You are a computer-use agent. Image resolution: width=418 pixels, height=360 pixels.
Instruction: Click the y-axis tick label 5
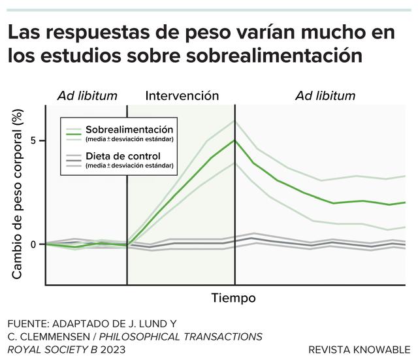[x=33, y=140]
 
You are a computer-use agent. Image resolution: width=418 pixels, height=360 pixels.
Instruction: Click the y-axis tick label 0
[x=33, y=244]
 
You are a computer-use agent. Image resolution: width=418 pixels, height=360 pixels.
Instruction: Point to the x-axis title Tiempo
[x=234, y=297]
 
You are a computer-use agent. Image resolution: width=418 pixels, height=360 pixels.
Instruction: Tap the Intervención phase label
[x=182, y=95]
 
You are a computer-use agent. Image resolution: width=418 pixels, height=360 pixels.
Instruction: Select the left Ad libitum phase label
[x=87, y=96]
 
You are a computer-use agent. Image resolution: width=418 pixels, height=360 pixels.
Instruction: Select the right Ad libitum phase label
[x=325, y=96]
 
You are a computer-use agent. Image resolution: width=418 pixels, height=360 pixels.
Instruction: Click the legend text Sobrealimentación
[x=129, y=129]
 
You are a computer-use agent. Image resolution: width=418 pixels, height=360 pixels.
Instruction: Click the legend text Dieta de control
[x=123, y=156]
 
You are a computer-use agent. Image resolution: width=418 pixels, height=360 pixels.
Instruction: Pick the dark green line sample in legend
[x=74, y=134]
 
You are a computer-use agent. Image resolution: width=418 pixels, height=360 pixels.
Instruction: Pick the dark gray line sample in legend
[x=74, y=161]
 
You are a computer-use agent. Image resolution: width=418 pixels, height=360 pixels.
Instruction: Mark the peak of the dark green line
[x=235, y=140]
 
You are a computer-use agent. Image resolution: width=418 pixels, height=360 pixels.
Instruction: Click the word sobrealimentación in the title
[x=274, y=56]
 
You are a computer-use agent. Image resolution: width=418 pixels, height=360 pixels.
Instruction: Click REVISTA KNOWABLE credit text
[x=359, y=350]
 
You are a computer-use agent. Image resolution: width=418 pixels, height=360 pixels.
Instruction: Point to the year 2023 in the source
[x=113, y=350]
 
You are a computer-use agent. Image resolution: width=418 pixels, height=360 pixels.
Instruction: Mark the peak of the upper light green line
[x=234, y=120]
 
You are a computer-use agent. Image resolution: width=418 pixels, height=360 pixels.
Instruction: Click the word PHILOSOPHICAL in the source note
[x=139, y=336]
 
